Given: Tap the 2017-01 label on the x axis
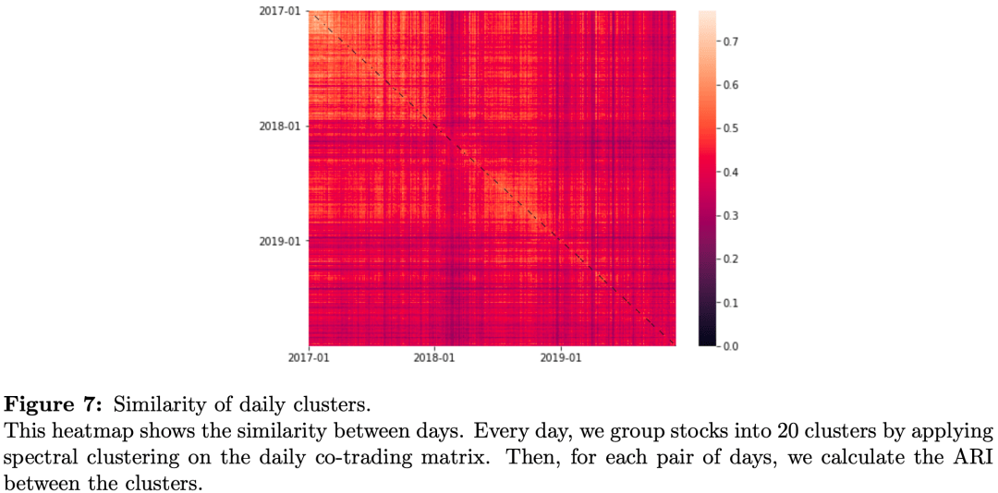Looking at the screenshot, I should (x=309, y=356).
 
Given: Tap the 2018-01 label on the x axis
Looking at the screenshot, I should (x=434, y=356).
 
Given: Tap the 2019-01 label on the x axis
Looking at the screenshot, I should (x=560, y=356).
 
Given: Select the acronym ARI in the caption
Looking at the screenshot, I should (x=976, y=458).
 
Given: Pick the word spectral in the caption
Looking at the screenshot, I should (x=36, y=458).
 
